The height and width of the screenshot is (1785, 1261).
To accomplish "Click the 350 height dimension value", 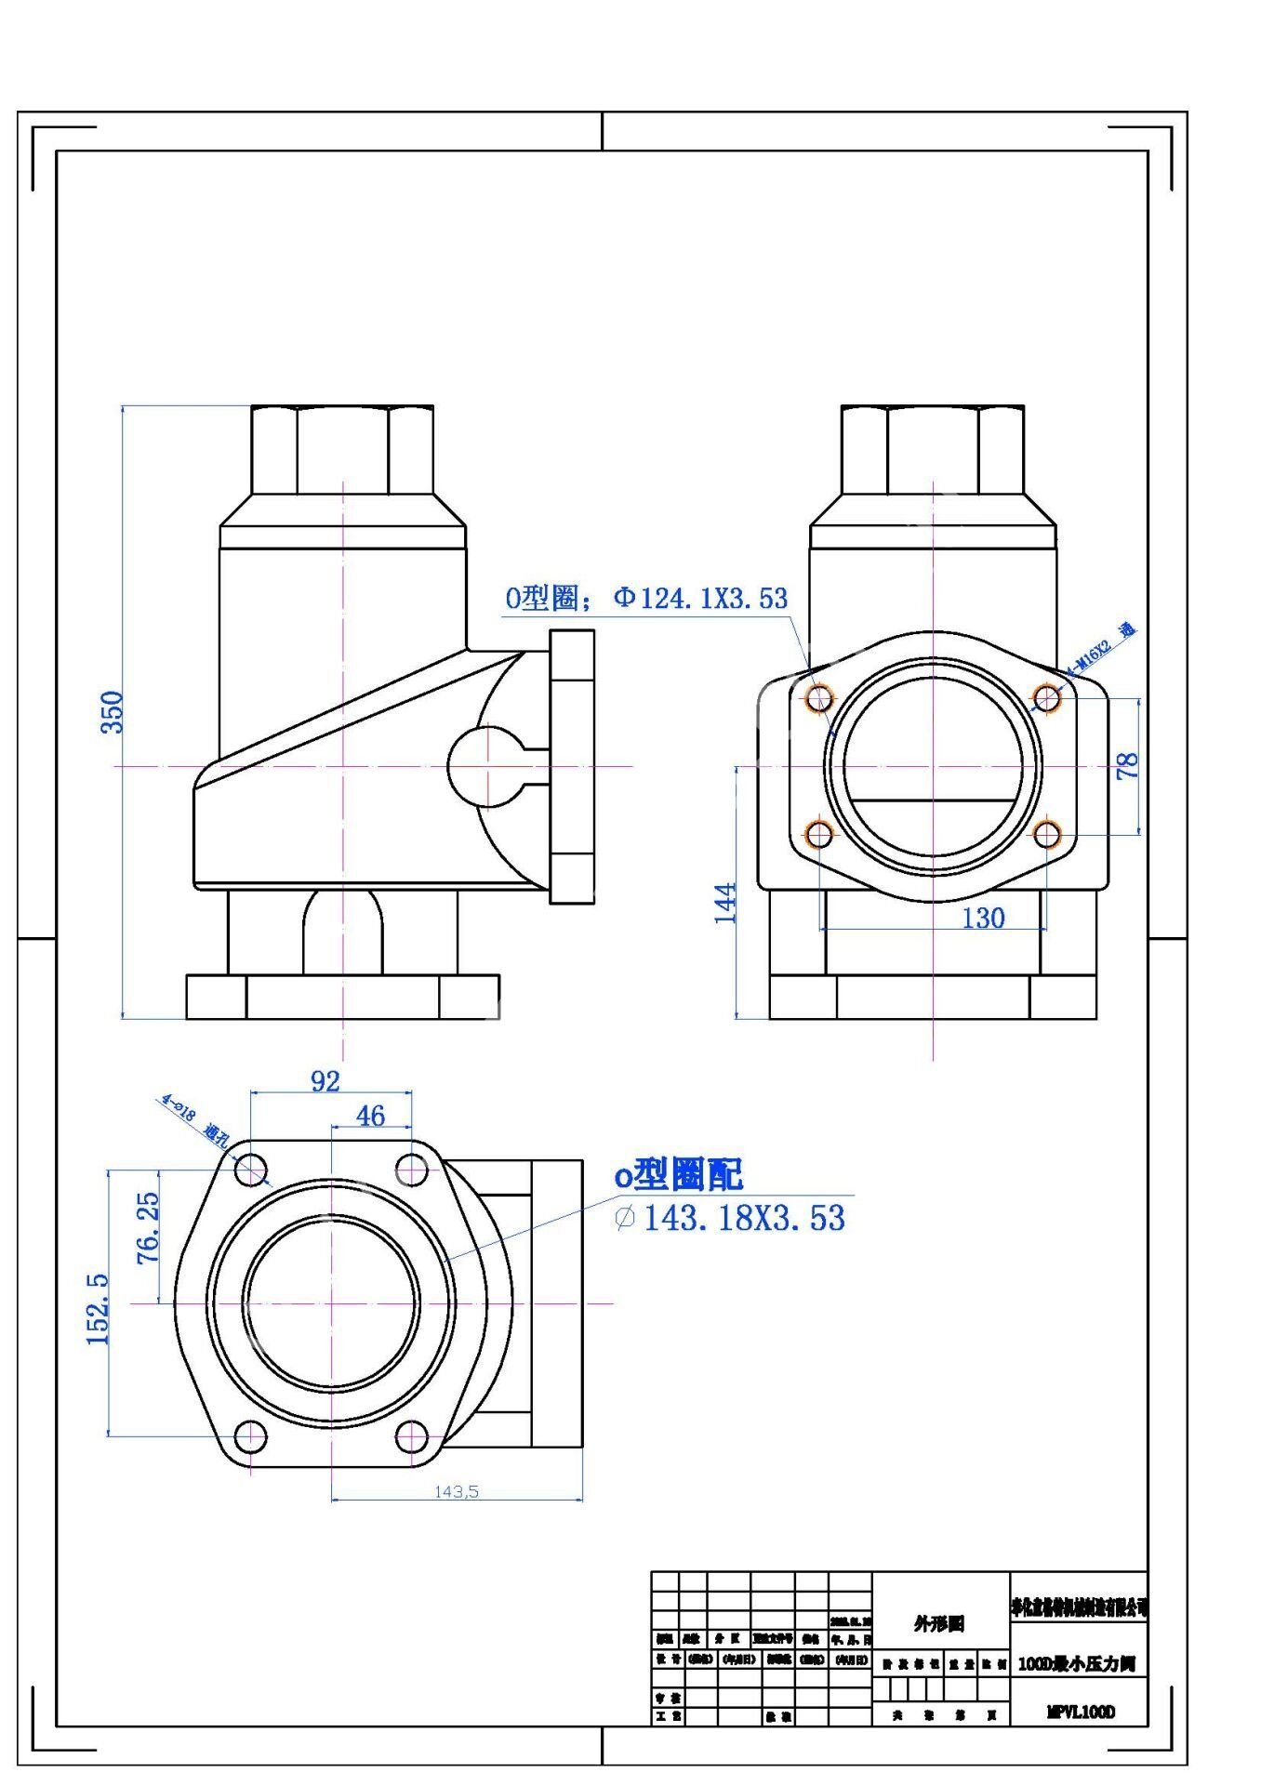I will (x=112, y=712).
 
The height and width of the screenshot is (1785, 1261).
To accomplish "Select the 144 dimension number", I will (x=725, y=903).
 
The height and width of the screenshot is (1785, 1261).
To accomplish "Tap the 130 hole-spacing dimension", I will (x=983, y=919).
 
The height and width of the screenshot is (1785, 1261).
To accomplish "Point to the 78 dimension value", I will (x=1127, y=766).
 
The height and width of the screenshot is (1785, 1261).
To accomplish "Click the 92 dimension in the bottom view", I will (x=325, y=1081).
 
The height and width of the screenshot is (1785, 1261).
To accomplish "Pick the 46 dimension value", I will (x=370, y=1116).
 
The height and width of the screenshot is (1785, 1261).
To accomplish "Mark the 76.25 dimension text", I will (x=148, y=1228).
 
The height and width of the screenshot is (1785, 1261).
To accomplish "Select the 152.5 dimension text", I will (x=98, y=1309).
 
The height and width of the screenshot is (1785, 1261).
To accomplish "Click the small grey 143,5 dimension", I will (x=457, y=1491).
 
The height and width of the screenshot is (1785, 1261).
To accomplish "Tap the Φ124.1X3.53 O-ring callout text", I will (x=646, y=598).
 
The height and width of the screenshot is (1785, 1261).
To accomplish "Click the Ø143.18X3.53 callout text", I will (x=731, y=1218).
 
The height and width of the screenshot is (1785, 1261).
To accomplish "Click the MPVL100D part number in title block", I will (x=1080, y=1712).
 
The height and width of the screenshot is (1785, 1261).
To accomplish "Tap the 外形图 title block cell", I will (x=939, y=1623).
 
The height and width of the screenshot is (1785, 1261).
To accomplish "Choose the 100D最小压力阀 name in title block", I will (x=1077, y=1664).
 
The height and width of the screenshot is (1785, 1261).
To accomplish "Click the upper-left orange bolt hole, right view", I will (x=819, y=697).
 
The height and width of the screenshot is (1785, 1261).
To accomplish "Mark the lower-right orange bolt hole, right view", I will (x=1047, y=834).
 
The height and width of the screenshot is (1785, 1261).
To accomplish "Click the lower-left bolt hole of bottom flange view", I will (x=250, y=1436).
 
